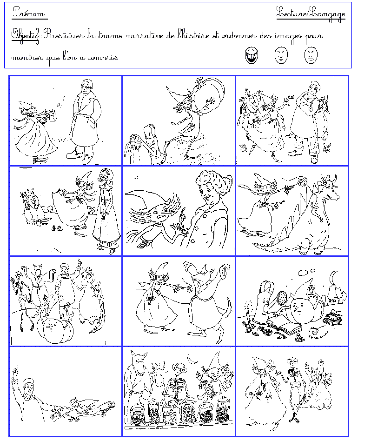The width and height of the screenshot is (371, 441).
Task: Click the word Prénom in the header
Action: coord(29,13)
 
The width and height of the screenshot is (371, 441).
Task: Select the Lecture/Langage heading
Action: coord(311,14)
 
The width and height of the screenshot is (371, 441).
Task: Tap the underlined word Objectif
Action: coord(25,36)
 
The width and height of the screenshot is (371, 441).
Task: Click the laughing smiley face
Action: coord(252,55)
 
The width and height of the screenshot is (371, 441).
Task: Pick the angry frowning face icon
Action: coord(311,55)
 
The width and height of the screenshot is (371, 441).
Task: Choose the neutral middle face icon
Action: coord(281,55)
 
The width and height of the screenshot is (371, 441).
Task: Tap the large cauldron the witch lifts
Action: coord(209,93)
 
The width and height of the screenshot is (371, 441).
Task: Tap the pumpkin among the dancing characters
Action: coord(55,328)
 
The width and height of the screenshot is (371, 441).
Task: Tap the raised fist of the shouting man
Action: coord(15,370)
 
